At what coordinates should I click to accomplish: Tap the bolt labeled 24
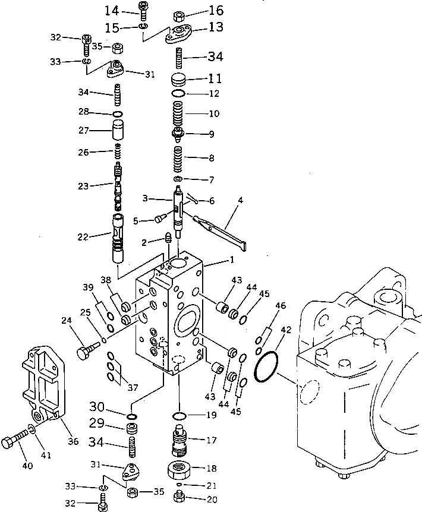coord(86,351)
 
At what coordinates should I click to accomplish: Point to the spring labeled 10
coord(178,112)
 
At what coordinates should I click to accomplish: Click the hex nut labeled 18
coord(178,469)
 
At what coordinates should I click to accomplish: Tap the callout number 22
coord(81,236)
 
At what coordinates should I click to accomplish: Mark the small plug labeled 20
coord(179,497)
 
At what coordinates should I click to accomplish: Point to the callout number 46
coord(281,306)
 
